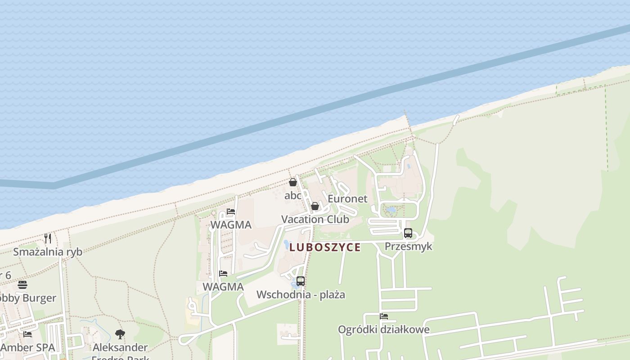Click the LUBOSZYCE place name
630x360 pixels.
pos(325,247)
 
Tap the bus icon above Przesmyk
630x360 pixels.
pos(408,233)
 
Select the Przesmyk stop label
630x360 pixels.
pos(408,246)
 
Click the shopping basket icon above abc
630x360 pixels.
pos(293,182)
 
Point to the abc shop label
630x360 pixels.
pos(293,195)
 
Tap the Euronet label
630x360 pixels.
pos(347,198)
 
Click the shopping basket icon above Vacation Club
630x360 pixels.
pos(315,206)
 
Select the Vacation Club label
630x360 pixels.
pos(315,219)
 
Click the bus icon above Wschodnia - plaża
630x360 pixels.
pos(301,281)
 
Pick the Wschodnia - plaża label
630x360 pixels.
pos(301,294)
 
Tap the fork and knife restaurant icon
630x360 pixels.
pos(48,238)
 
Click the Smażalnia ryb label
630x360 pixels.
pos(48,252)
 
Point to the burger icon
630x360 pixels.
pos(22,285)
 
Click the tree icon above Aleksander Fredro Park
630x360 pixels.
pos(120,334)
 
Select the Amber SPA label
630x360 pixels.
pos(27,347)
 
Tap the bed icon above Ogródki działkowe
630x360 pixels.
pos(384,316)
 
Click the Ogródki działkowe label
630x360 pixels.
pos(384,329)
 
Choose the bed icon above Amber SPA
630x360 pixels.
pos(27,334)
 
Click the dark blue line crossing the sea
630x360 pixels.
pos(315,111)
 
